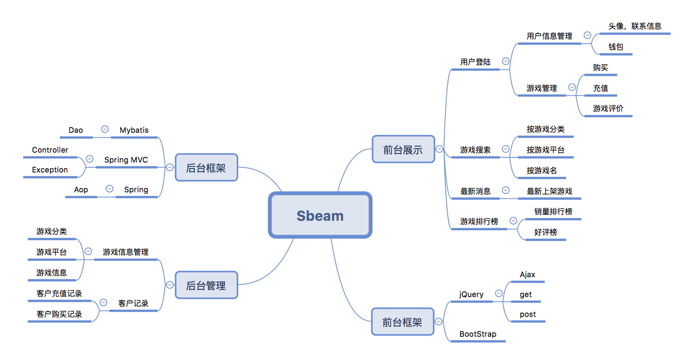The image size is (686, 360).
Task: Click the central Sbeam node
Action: [320, 215]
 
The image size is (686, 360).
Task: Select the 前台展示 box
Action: [403, 150]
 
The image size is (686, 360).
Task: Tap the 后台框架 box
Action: [206, 168]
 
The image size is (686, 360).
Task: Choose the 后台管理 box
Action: [206, 285]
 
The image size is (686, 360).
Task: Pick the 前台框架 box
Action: [402, 322]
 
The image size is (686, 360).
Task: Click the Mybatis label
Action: [134, 130]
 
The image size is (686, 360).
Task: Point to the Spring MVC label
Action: [126, 160]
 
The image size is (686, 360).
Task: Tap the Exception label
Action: [50, 170]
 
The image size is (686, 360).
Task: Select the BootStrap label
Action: [478, 334]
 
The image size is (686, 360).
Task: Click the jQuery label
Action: [471, 294]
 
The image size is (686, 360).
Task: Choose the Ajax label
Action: [527, 275]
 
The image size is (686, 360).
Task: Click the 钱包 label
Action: [616, 47]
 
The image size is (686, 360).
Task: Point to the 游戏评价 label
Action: [608, 108]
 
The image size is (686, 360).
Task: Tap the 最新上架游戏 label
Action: [549, 191]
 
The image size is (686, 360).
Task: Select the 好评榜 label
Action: [545, 232]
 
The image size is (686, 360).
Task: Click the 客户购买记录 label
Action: [59, 314]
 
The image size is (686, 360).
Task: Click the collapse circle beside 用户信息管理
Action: [587, 35]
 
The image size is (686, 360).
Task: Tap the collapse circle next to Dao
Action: [105, 129]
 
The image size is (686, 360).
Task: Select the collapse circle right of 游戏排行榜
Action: [513, 221]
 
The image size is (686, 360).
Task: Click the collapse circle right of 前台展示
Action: [439, 149]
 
